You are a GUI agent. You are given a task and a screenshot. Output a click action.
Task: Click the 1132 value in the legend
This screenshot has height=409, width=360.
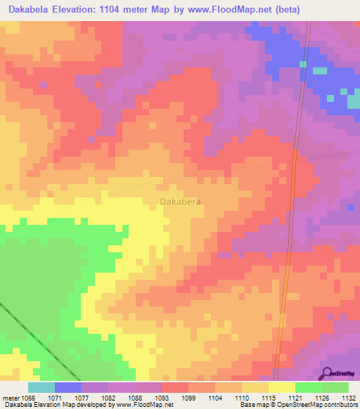coord(347,397)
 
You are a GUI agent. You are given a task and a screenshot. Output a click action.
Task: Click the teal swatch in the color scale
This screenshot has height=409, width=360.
coord(41,387)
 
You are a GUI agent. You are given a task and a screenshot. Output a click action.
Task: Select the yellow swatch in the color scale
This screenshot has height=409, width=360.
coord(281,387)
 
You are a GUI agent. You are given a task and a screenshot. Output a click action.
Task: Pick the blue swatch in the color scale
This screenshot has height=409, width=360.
coord(68,387)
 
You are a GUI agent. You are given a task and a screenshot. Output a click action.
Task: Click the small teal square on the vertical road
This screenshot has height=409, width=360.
coord(303,64)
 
